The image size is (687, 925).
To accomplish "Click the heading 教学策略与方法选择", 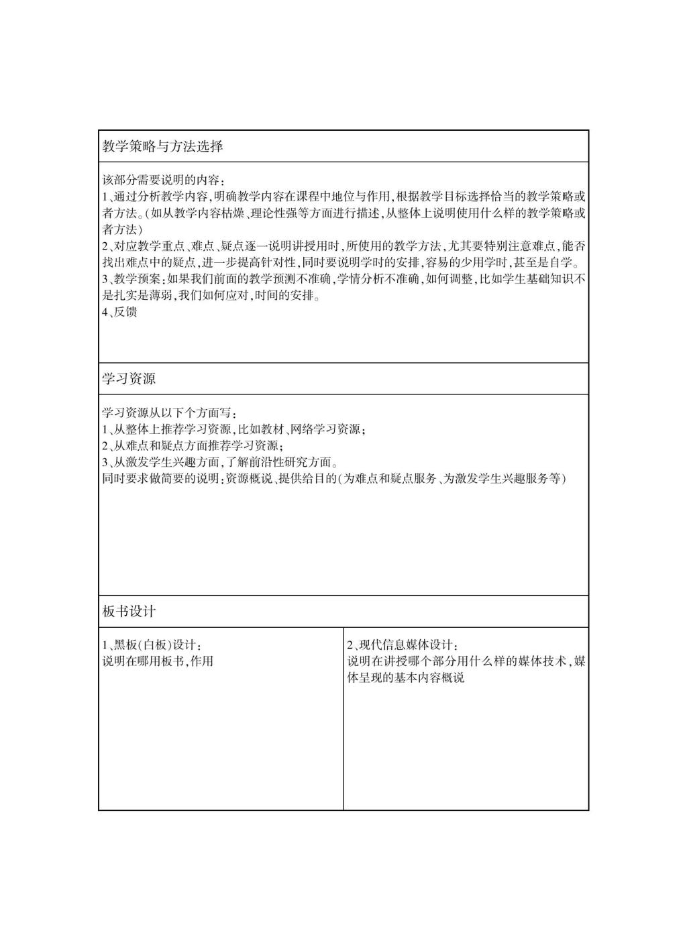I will pyautogui.click(x=162, y=146).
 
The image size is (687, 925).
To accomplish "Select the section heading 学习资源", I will pyautogui.click(x=129, y=379).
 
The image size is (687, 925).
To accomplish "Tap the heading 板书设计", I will pyautogui.click(x=129, y=612).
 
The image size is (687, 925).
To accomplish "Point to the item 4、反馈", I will pyautogui.click(x=120, y=312).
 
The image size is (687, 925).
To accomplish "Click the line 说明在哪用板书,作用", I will pyautogui.click(x=158, y=661).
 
